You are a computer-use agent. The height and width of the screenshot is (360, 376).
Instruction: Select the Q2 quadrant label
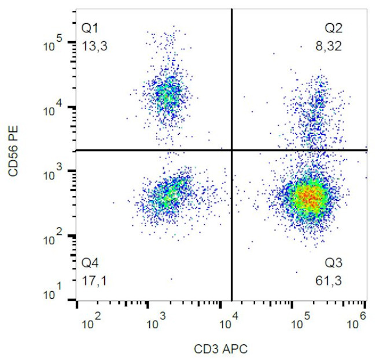[x=333, y=27]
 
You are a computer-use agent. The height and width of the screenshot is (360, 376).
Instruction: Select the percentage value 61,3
[x=333, y=282]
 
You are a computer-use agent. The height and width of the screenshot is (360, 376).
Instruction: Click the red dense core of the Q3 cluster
[x=309, y=198]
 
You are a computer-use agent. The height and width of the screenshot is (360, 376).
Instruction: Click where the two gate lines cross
[x=231, y=150]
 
